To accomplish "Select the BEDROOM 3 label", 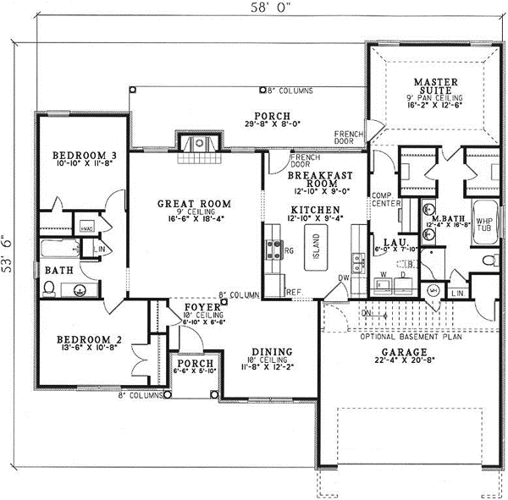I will coord(83,156).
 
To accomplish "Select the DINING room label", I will coord(272,351).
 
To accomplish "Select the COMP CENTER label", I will coord(385,199).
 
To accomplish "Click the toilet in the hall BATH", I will coord(49,288).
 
